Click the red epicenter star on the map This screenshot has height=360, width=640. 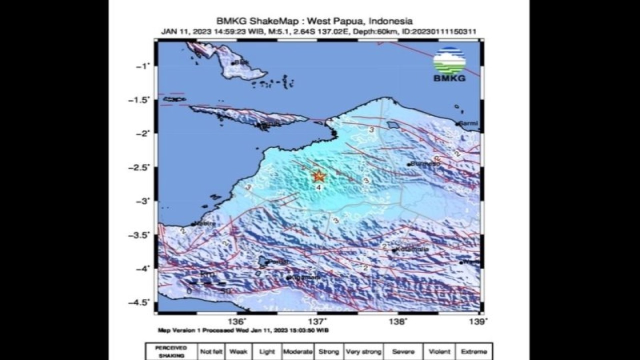point(318,176)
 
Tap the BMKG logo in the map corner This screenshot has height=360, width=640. point(449,64)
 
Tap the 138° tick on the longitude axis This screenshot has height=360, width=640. point(399,320)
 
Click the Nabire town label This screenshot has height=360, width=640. point(205,223)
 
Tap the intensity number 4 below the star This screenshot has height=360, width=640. point(318,187)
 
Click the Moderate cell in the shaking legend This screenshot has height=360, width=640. point(298,351)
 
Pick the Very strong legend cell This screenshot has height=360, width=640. point(363,351)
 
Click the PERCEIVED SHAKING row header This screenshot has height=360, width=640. point(171,351)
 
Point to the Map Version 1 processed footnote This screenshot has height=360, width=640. point(243,330)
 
